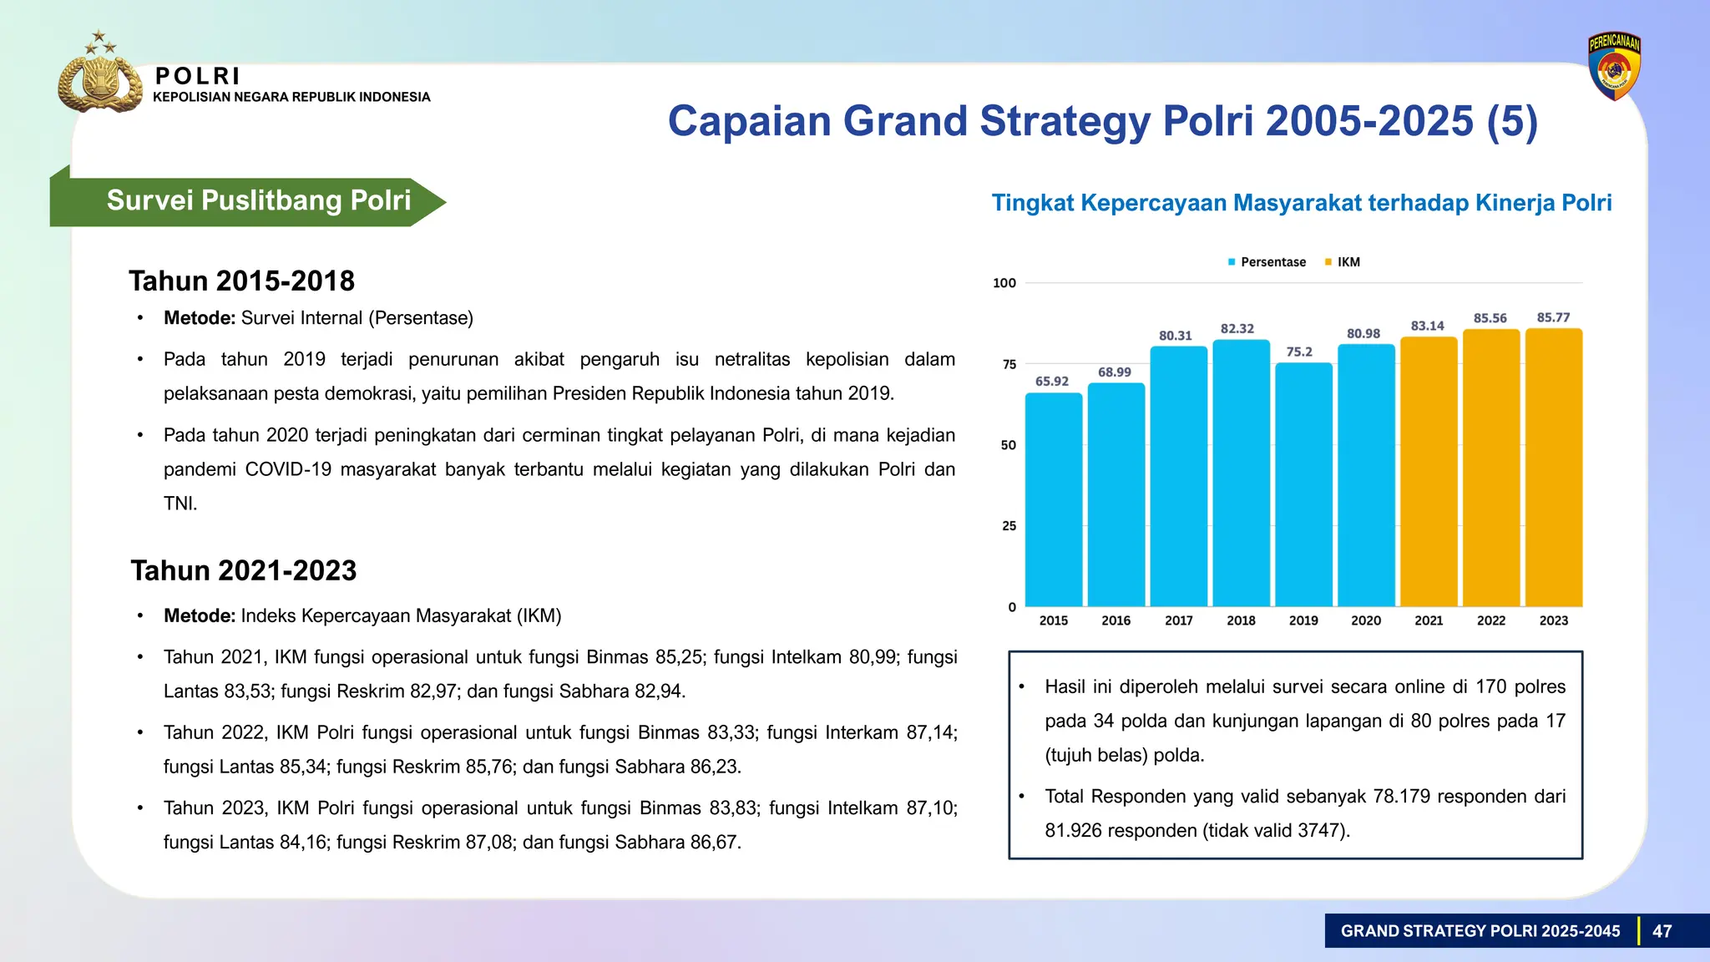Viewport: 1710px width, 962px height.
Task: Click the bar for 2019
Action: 1303,484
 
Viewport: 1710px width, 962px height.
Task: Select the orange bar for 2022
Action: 1491,468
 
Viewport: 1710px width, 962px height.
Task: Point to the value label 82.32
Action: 1237,329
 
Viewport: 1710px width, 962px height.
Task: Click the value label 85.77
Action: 1553,318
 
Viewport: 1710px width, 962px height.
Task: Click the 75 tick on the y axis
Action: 1009,364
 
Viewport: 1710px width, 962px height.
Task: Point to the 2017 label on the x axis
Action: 1178,620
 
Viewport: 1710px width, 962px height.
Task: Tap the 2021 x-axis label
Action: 1429,620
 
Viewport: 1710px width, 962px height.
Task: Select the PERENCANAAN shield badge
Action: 1614,67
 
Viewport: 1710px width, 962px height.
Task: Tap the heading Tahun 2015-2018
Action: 241,281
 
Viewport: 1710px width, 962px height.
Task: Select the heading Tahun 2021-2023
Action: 243,570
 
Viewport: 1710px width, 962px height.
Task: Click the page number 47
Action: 1662,931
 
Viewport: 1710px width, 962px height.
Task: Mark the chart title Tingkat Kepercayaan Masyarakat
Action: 1301,203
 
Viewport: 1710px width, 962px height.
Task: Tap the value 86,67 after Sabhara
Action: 714,842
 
